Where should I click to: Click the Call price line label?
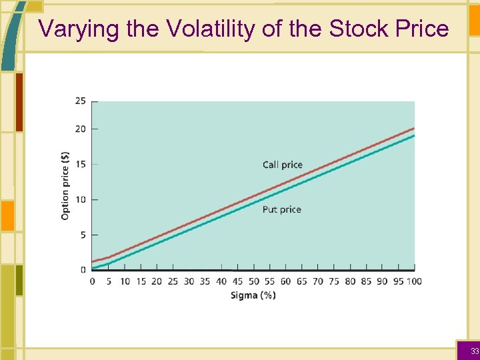[282, 165]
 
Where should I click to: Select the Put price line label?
[281, 209]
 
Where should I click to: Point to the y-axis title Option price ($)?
[65, 185]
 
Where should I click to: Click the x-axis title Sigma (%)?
[253, 295]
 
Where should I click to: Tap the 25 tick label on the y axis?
[80, 101]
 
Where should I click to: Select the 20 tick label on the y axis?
[80, 129]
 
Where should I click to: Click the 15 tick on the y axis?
[80, 164]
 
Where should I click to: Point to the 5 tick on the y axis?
[83, 235]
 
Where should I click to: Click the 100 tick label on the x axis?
[414, 281]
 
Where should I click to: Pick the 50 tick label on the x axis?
[253, 281]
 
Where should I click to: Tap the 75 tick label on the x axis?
[334, 281]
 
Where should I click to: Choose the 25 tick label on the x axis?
[173, 281]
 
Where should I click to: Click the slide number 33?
[474, 351]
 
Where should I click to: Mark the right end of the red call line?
[414, 128]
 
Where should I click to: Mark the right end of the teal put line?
[414, 136]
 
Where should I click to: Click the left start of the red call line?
[93, 261]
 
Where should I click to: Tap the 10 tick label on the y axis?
[80, 199]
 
